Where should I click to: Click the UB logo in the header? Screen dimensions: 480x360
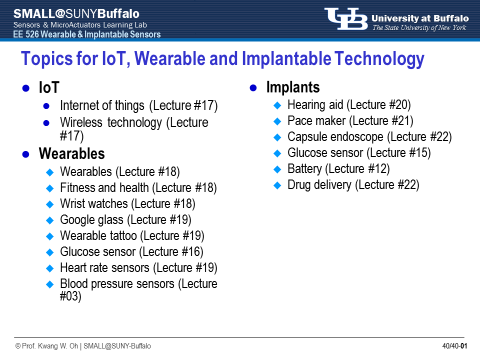pos(346,19)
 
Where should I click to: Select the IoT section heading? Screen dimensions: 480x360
pos(49,87)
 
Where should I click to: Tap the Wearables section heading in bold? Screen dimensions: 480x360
pos(71,153)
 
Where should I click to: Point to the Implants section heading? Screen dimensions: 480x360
pos(293,87)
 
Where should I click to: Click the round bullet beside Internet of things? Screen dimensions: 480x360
pos(46,106)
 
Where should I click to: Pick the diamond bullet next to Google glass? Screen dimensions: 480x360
pos(49,220)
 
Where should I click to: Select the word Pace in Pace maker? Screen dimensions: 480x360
pos(299,121)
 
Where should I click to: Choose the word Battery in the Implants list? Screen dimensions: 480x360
pos(305,169)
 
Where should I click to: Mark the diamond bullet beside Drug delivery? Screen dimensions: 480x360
pos(277,185)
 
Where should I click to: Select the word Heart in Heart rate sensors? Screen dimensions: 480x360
pos(73,267)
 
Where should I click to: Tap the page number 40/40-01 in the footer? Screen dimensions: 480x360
pos(454,346)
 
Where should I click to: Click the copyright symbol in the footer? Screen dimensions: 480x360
pos(18,346)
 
